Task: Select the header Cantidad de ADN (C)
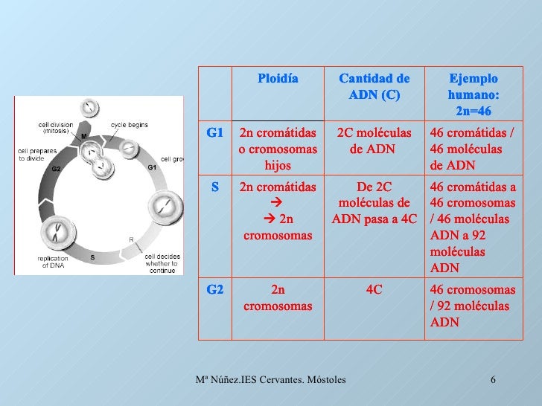374,87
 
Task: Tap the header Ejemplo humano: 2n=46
473,95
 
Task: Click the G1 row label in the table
215,133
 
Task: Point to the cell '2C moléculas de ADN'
374,141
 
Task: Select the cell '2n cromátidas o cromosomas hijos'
278,148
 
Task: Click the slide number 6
494,381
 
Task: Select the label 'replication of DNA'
54,262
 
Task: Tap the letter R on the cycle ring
131,239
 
